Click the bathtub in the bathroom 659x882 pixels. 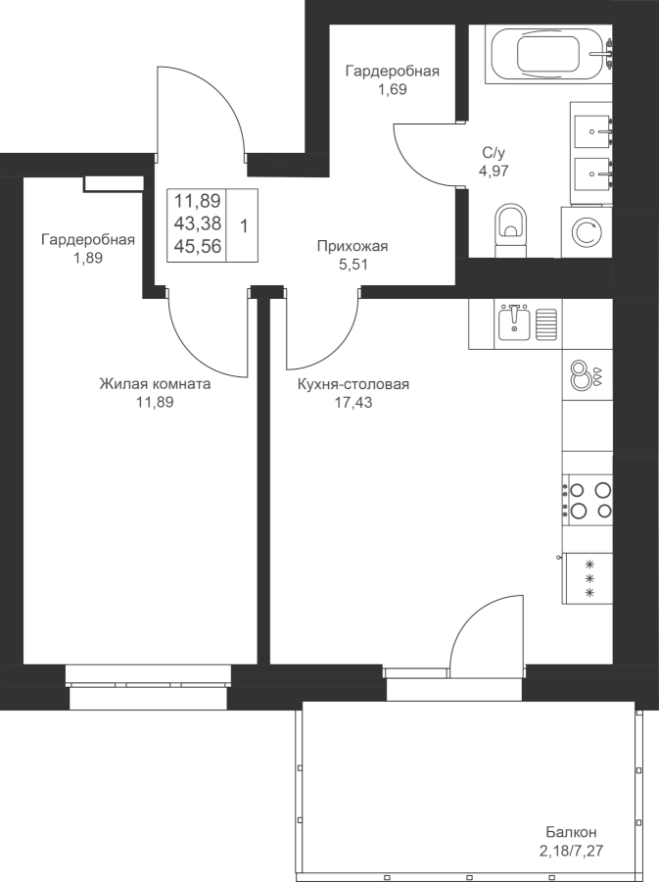tap(548, 55)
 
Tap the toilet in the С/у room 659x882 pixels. tap(511, 230)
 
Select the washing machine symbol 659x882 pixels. tap(587, 232)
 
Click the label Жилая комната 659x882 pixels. tap(155, 384)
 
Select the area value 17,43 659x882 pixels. tap(353, 403)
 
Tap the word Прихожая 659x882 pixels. tap(353, 246)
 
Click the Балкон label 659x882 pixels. tap(571, 831)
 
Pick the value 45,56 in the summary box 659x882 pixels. tap(197, 246)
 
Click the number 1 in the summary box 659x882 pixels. tap(243, 226)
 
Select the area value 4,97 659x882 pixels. tap(494, 171)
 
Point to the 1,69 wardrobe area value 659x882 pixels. tap(392, 89)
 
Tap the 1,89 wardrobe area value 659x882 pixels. tap(88, 258)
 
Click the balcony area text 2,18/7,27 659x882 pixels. tap(571, 850)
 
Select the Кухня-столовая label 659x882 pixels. tap(353, 384)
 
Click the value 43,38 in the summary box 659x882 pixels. tap(197, 223)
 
